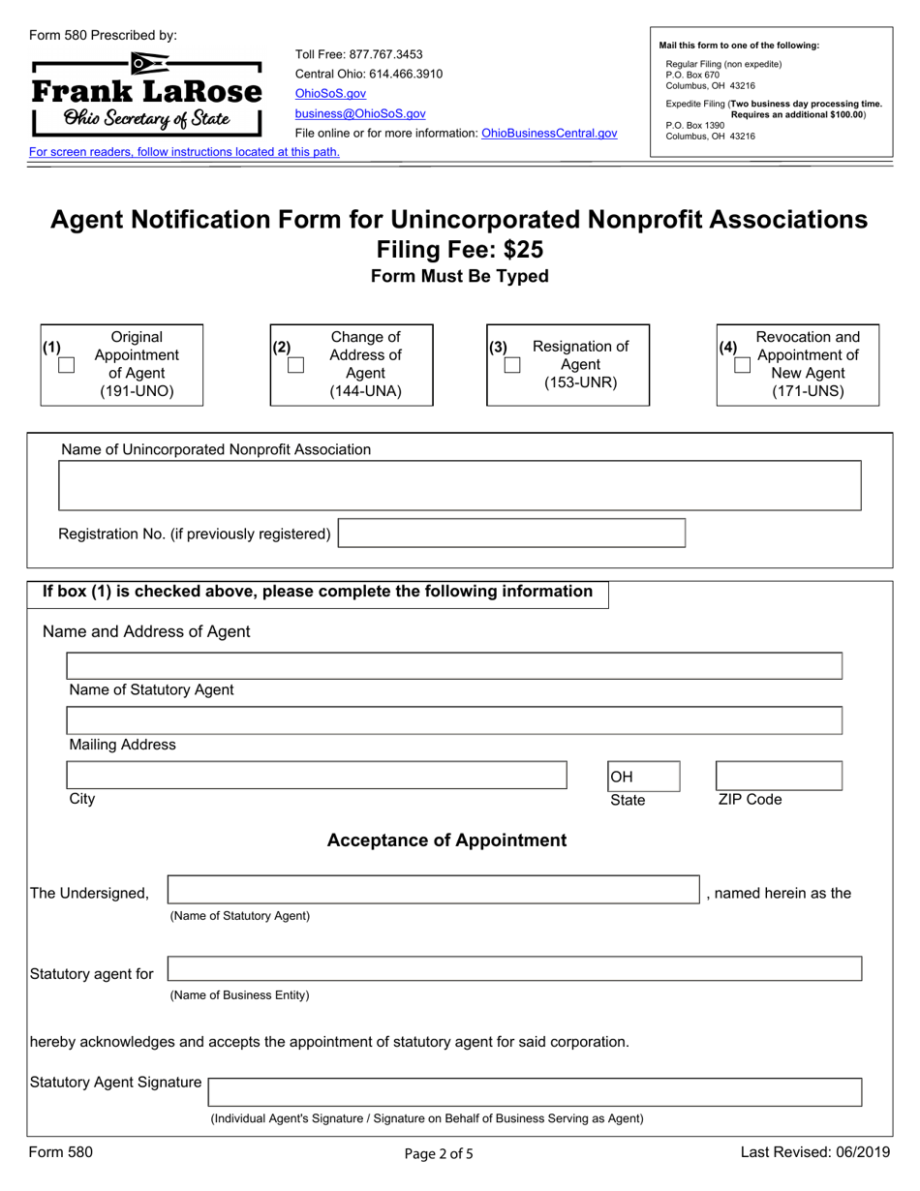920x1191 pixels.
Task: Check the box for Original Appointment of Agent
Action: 67,366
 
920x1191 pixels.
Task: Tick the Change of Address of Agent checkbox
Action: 296,365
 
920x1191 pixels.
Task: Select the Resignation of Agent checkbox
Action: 512,365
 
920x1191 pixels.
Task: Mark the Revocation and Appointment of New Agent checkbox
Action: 742,365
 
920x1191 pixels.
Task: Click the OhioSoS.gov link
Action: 330,94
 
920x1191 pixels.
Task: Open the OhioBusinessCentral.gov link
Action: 549,134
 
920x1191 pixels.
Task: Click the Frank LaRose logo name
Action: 147,93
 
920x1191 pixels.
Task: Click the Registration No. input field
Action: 511,534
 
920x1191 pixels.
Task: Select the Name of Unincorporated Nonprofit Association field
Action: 460,485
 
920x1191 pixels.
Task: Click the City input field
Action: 316,776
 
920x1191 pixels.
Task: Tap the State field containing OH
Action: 643,777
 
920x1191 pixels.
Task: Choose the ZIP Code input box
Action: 778,776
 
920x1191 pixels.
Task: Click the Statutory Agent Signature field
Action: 535,1092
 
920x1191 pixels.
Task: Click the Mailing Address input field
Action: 453,720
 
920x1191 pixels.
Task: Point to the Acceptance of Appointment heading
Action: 446,840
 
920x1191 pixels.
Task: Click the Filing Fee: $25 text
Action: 460,250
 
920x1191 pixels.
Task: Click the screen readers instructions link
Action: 184,152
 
